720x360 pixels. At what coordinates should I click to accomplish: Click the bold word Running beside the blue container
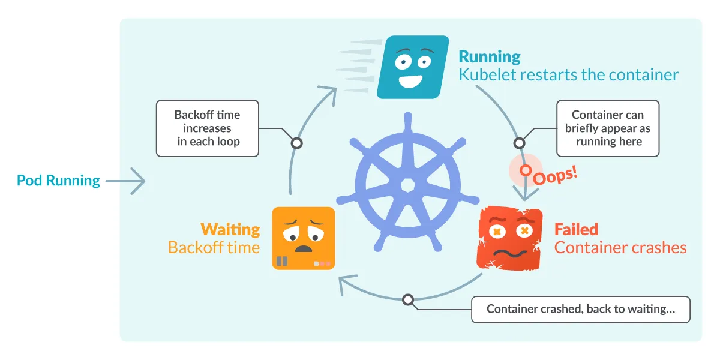[x=490, y=57]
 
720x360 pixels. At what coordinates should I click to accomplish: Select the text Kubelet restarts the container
[x=568, y=75]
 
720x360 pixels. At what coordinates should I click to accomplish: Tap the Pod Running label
[x=58, y=181]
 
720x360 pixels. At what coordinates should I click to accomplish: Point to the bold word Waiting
[x=230, y=229]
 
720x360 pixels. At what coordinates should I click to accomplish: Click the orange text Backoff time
[x=214, y=247]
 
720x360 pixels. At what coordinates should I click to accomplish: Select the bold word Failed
[x=576, y=229]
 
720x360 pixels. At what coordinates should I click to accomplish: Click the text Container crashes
[x=620, y=247]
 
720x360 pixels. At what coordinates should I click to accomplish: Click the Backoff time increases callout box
[x=207, y=128]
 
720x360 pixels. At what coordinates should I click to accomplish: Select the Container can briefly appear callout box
[x=608, y=128]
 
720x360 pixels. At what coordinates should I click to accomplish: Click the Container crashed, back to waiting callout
[x=580, y=310]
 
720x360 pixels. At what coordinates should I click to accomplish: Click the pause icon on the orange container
[x=282, y=262]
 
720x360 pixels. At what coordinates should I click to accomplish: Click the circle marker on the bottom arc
[x=408, y=299]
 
